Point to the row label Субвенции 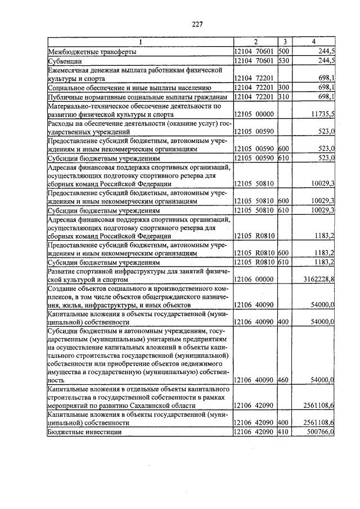(x=65, y=60)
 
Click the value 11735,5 (x=322, y=114)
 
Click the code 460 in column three (x=283, y=380)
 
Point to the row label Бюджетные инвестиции (x=84, y=431)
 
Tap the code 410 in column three (x=283, y=431)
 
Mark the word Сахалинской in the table (x=166, y=406)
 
